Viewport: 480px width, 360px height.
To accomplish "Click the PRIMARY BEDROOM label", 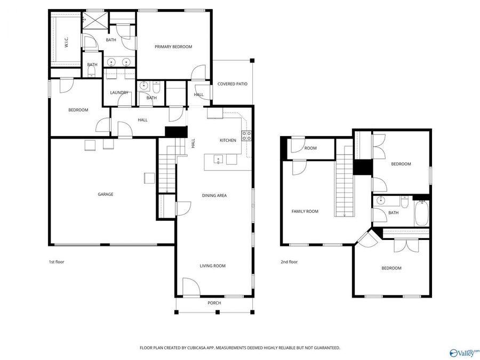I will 173,47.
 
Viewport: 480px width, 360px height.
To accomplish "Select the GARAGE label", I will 105,195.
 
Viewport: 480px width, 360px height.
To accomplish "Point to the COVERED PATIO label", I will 232,84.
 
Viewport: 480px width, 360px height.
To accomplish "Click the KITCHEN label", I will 228,140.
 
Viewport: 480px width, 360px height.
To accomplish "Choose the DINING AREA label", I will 214,196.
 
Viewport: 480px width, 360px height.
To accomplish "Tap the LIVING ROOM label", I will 213,266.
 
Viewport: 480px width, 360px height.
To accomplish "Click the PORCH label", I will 214,303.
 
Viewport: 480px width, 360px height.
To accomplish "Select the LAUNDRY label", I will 119,93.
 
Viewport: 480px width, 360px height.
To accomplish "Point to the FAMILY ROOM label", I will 305,212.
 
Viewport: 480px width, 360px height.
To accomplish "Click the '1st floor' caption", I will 56,262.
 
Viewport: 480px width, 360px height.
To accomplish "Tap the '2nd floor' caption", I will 289,262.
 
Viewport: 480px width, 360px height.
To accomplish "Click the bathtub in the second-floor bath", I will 421,212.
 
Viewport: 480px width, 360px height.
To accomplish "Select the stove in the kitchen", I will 246,135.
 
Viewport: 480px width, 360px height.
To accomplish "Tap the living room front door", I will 190,288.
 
